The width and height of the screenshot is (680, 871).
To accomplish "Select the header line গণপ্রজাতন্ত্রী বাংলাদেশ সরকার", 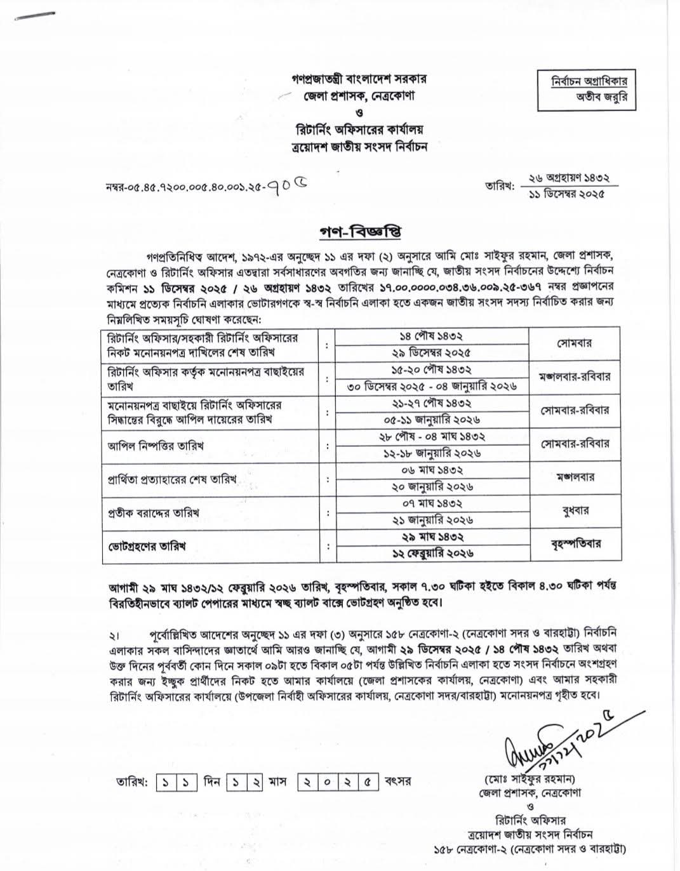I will pyautogui.click(x=359, y=79).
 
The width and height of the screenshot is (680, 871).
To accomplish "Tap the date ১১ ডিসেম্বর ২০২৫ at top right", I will pyautogui.click(x=566, y=193).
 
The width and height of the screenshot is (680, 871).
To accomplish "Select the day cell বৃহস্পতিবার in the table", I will pyautogui.click(x=576, y=544).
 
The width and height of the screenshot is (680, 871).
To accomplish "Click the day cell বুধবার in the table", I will pyautogui.click(x=576, y=510).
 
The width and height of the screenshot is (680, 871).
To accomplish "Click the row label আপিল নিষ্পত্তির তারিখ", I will pyautogui.click(x=156, y=446).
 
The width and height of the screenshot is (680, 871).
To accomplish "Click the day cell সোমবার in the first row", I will pyautogui.click(x=575, y=343).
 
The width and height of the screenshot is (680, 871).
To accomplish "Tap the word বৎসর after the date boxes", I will pyautogui.click(x=398, y=781).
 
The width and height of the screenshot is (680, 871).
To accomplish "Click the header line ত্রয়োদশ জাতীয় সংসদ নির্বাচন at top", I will pyautogui.click(x=359, y=146).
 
